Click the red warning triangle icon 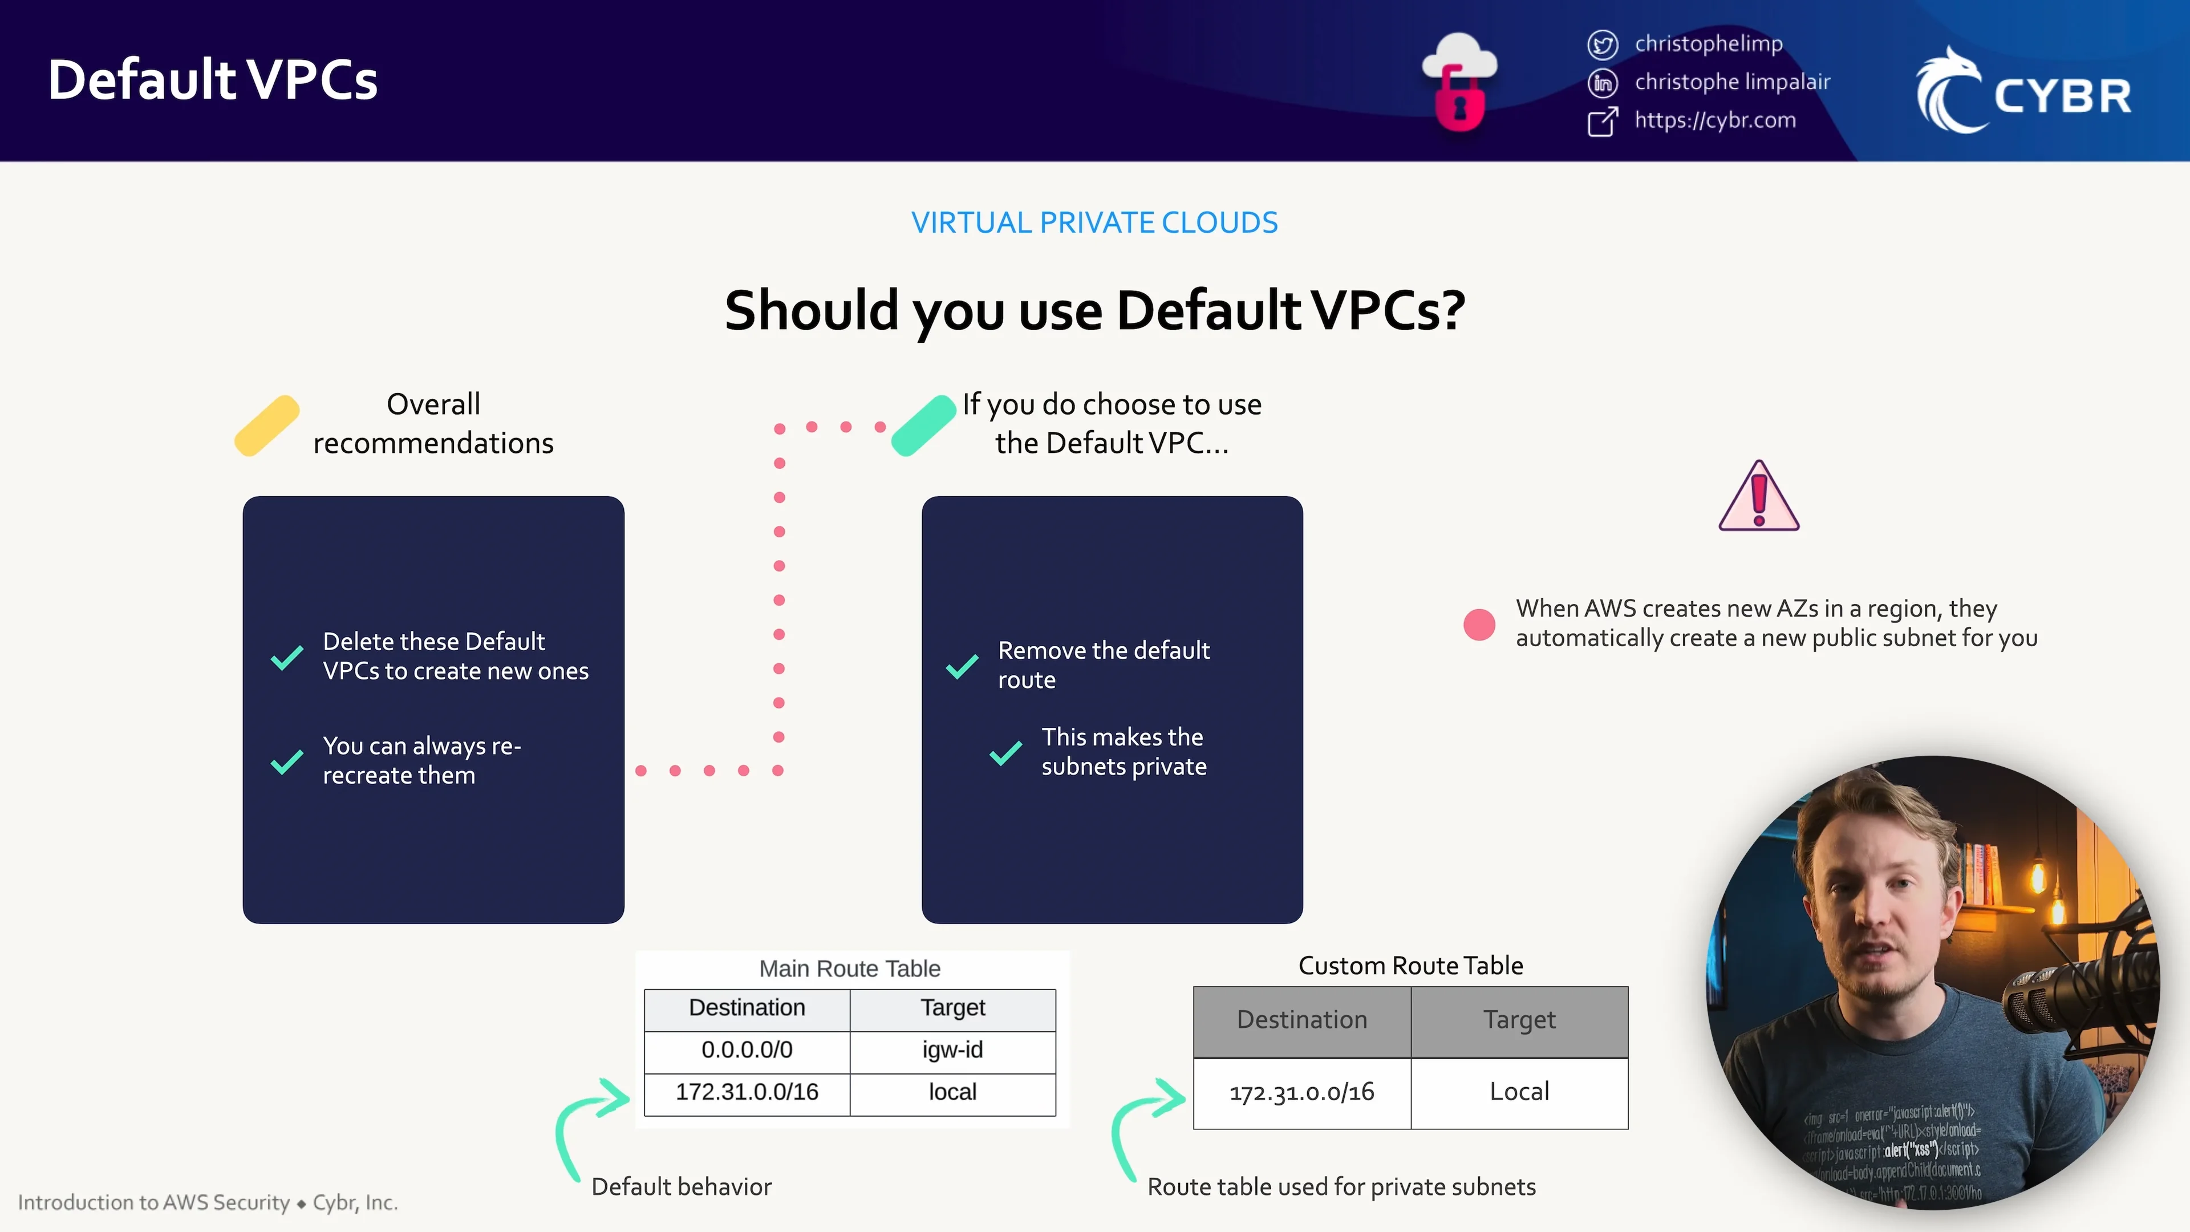pyautogui.click(x=1758, y=497)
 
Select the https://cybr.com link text pyautogui.click(x=1715, y=120)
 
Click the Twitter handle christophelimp pyautogui.click(x=1708, y=43)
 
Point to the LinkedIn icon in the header pyautogui.click(x=1603, y=83)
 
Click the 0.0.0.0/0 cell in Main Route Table pyautogui.click(x=747, y=1050)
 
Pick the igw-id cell pyautogui.click(x=952, y=1050)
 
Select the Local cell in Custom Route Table pyautogui.click(x=1519, y=1092)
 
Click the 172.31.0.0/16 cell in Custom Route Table pyautogui.click(x=1301, y=1092)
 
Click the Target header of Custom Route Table pyautogui.click(x=1519, y=1019)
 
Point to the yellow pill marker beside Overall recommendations pyautogui.click(x=267, y=426)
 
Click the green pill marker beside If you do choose pyautogui.click(x=924, y=426)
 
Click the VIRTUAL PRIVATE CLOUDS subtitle pyautogui.click(x=1094, y=223)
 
